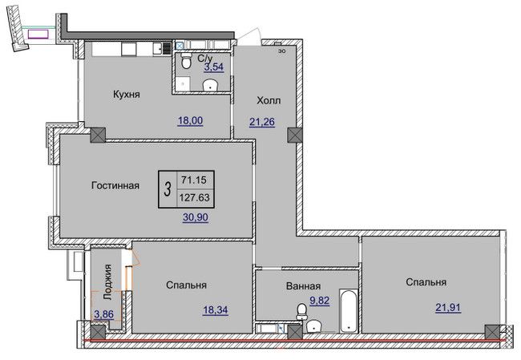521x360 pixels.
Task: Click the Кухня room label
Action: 127,95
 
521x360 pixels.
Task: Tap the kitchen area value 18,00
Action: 191,120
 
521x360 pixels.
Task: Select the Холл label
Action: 269,100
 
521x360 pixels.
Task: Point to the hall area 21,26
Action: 262,122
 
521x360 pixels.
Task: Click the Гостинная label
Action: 115,185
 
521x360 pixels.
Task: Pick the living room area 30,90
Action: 196,217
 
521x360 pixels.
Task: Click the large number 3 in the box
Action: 168,189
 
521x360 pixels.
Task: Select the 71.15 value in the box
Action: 194,180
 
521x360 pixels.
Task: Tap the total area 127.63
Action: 195,198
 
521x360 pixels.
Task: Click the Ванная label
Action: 303,286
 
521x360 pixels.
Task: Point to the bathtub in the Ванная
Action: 348,310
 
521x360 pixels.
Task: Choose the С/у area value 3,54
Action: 214,67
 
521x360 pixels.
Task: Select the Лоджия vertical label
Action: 107,282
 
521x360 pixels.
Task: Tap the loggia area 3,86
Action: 104,314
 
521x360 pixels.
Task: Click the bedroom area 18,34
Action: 216,310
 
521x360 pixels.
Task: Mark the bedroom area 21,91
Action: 448,308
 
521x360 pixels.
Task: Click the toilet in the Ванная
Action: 301,311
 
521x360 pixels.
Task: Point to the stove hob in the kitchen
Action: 167,49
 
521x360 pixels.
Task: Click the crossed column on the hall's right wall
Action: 295,136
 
